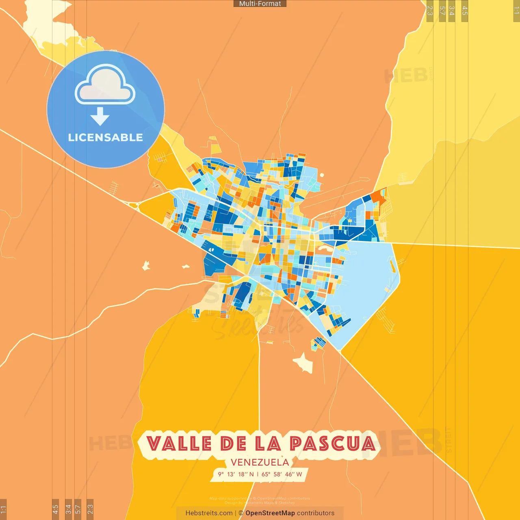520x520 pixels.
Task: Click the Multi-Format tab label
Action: point(260,4)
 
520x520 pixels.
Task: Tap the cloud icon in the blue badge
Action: point(105,84)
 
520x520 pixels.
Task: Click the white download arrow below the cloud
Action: point(100,116)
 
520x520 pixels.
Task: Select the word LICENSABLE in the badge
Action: point(105,138)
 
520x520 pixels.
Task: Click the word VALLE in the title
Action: point(179,444)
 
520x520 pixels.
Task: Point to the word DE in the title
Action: point(234,444)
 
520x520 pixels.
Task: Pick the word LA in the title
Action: point(268,444)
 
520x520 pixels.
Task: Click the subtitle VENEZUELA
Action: point(260,462)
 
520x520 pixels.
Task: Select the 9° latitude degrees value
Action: point(221,474)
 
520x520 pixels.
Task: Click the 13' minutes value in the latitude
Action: point(231,474)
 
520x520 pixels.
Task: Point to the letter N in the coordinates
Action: point(251,474)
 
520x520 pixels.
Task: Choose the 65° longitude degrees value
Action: point(266,474)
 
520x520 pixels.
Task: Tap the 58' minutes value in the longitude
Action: point(277,474)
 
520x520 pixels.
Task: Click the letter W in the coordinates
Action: point(299,474)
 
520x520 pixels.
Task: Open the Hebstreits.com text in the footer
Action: point(209,513)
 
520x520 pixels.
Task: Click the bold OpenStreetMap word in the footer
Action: point(270,513)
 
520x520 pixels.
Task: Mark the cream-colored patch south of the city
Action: point(303,362)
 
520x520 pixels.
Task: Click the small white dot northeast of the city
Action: point(322,175)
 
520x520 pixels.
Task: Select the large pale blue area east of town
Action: point(366,276)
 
